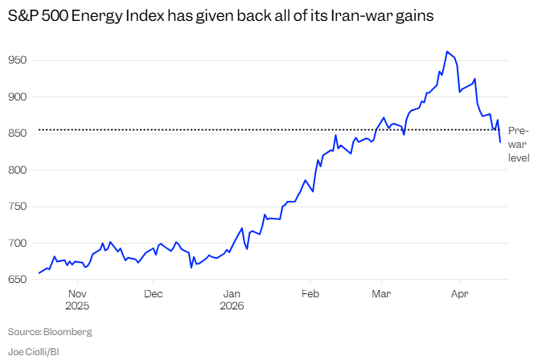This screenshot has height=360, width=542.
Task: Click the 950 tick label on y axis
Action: (18, 60)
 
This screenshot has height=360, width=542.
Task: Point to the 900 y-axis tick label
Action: (18, 96)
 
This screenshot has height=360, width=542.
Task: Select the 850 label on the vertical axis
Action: (18, 133)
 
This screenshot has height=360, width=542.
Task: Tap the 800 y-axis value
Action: (18, 170)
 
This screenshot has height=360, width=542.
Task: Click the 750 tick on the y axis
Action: (18, 207)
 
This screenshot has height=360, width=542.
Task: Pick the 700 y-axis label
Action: (18, 243)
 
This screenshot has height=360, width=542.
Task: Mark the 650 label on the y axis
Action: (18, 280)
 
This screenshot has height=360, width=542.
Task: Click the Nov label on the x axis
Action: (77, 294)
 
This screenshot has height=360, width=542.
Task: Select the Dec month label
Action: (154, 294)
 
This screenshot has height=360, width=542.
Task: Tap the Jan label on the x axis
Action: (231, 294)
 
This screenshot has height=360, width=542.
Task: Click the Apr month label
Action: (459, 294)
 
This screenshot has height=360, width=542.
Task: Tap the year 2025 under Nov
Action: (77, 306)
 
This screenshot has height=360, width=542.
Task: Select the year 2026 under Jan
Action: (231, 306)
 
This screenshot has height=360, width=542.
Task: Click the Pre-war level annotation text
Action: (518, 144)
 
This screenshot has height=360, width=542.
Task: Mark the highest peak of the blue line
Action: (446, 51)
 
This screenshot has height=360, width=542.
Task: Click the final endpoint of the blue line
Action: (500, 142)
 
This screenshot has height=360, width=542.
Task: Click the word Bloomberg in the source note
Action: (68, 331)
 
